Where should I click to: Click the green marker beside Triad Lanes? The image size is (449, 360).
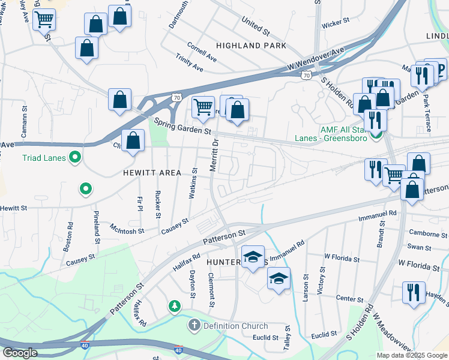75,158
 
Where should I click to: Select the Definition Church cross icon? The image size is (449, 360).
194,326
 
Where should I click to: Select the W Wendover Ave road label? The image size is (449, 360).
316,58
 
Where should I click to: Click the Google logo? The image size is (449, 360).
19,353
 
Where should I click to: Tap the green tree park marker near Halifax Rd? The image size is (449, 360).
175,307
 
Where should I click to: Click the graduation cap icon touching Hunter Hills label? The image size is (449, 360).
253,257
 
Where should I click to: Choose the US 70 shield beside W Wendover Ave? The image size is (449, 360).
306,75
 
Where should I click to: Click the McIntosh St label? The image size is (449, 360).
127,227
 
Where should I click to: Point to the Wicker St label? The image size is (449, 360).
336,23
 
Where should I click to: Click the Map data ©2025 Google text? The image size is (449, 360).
412,355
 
